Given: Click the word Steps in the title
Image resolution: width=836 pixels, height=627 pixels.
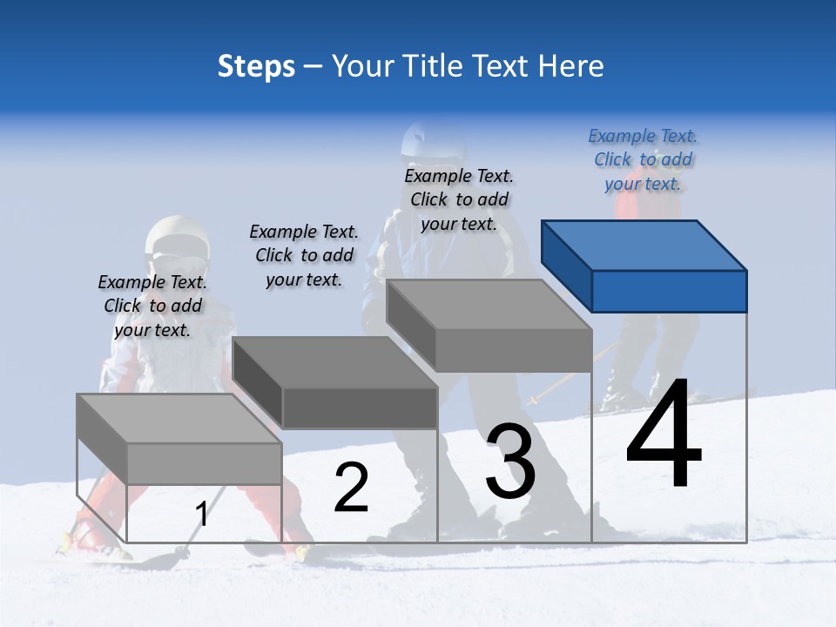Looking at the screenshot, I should tap(256, 66).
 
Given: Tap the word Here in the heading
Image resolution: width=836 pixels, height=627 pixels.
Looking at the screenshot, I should tap(570, 66).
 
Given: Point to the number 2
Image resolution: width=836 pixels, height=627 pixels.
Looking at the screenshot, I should tap(351, 488).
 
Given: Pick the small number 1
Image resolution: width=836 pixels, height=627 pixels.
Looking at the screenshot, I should tap(202, 515).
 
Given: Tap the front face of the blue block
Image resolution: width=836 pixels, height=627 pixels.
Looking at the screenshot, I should tap(669, 291).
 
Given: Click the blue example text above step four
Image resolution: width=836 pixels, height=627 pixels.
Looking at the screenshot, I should tap(643, 160).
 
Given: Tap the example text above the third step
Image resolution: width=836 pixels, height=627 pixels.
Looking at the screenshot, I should tap(459, 199).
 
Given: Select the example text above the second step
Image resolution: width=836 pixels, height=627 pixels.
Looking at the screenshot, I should tap(304, 255).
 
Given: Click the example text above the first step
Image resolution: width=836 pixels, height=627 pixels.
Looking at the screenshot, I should tap(152, 306).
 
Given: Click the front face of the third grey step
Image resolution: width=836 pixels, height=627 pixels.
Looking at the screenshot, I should tap(513, 350).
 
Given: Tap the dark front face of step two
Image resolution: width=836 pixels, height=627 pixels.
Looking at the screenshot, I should tap(360, 408).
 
